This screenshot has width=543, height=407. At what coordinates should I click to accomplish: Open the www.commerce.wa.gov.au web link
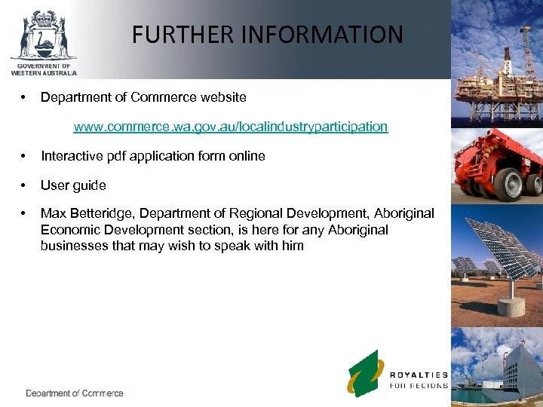(x=230, y=127)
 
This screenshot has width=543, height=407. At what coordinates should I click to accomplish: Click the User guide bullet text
(x=73, y=185)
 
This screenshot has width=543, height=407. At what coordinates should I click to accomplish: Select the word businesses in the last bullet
(x=75, y=245)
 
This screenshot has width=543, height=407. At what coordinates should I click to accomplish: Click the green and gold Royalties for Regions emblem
(x=366, y=374)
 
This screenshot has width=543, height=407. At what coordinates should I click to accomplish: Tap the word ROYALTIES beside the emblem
(x=419, y=375)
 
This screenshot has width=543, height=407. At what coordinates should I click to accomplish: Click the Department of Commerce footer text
(x=75, y=393)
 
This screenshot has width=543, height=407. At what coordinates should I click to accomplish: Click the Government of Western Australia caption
(x=44, y=69)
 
